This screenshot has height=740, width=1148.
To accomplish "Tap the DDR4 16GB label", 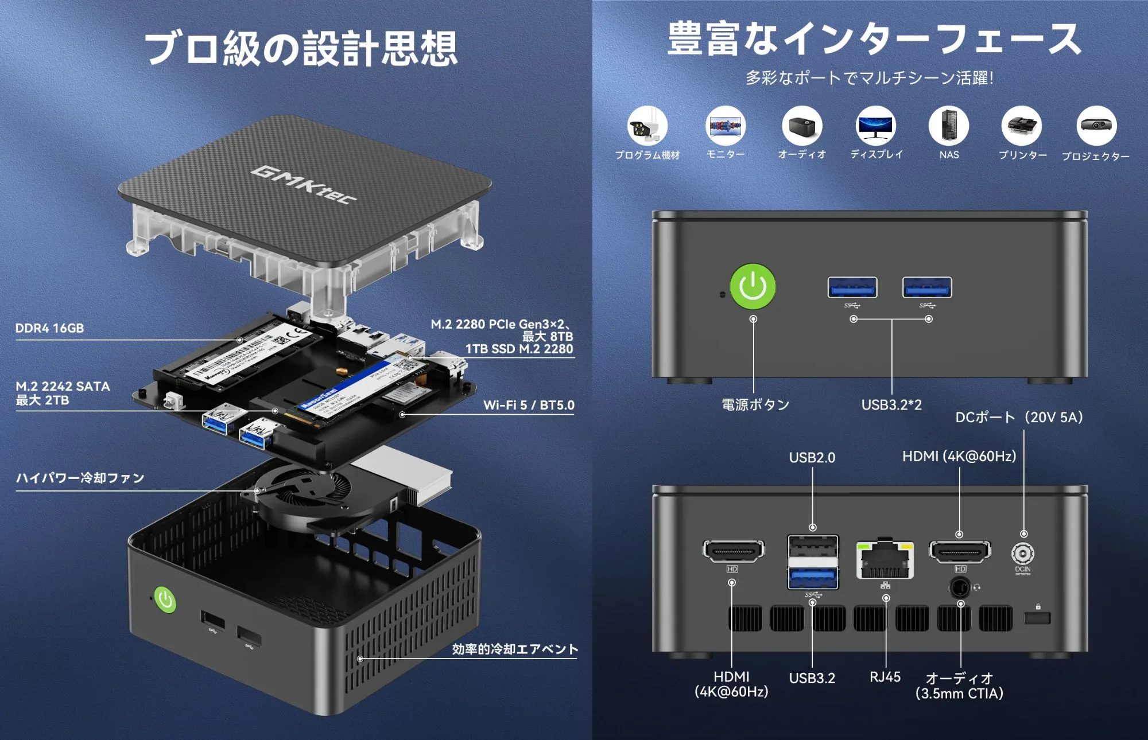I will click(49, 328).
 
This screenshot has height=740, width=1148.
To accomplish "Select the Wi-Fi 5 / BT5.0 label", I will click(528, 405).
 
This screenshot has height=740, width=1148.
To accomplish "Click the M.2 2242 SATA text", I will click(63, 387).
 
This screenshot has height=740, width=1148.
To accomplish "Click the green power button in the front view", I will click(753, 286).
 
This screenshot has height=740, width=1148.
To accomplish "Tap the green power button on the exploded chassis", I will click(165, 600).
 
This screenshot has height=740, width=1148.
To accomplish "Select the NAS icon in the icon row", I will click(948, 126).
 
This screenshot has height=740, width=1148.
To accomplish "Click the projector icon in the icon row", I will click(1096, 126).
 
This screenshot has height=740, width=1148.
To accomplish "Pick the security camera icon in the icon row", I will click(647, 126).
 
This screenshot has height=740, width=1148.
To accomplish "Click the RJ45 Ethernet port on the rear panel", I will click(885, 560).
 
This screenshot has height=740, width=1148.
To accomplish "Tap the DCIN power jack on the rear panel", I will click(1022, 554).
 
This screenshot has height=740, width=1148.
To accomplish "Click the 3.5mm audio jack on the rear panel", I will click(960, 587).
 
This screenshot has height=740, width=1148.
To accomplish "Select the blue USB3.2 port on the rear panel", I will click(812, 577).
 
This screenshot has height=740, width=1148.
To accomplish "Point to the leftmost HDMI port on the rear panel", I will click(733, 551).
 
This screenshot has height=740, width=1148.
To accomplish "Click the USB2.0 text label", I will click(812, 458).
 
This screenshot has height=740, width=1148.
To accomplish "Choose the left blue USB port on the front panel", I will click(852, 287).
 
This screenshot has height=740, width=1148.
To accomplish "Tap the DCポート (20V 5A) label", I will click(1019, 417).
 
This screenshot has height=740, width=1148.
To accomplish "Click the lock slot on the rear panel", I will click(1037, 618).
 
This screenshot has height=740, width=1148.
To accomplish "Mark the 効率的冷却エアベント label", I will click(514, 649).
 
